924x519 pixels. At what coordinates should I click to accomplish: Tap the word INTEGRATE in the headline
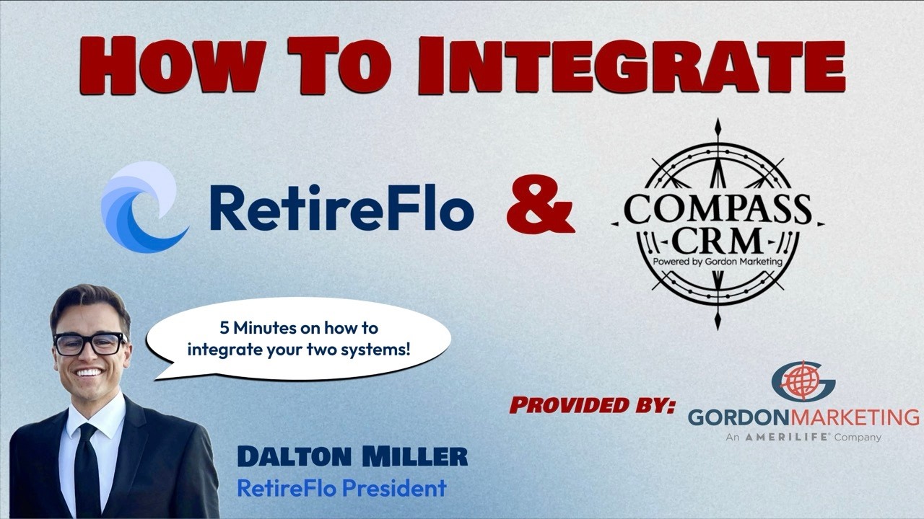pos(632,66)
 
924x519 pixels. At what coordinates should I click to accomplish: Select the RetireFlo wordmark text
pos(342,208)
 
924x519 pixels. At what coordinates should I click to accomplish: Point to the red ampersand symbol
pos(541,204)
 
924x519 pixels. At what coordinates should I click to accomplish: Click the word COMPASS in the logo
pos(718,209)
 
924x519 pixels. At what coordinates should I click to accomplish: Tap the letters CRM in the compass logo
pos(718,241)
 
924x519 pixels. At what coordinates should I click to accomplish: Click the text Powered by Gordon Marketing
pos(718,262)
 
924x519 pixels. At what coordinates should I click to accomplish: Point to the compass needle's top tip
pos(718,118)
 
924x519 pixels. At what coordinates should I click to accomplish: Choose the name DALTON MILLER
pos(353,457)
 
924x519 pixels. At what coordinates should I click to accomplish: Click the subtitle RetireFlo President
pos(342,489)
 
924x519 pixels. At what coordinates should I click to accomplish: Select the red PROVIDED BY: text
pos(593,405)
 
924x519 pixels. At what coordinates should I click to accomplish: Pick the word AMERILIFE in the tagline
pos(787,438)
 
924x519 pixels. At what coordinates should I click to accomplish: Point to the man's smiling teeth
pos(88,373)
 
